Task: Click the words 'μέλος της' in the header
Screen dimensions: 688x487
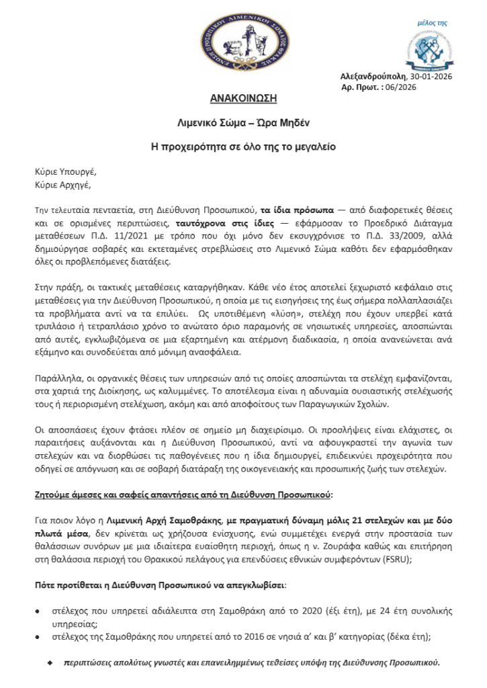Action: pyautogui.click(x=433, y=23)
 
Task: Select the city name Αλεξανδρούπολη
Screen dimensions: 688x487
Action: pyautogui.click(x=373, y=77)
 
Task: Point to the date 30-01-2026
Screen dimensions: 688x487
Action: pyautogui.click(x=430, y=77)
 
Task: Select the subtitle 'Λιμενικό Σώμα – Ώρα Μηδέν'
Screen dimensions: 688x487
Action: pyautogui.click(x=244, y=123)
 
